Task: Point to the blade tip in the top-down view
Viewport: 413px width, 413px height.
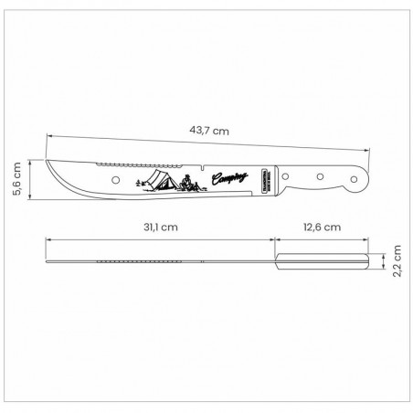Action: (x=48, y=261)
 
